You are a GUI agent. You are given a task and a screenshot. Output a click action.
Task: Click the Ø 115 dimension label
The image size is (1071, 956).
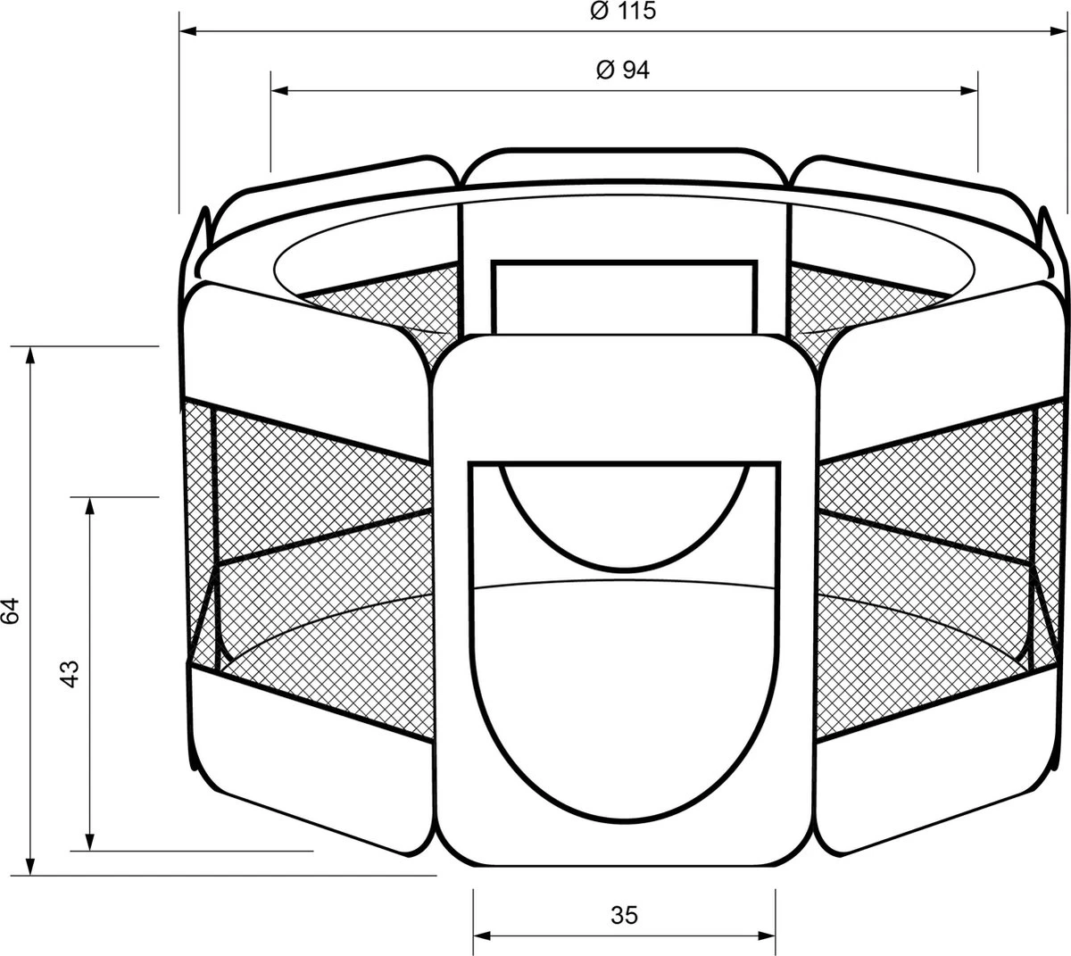tap(623, 11)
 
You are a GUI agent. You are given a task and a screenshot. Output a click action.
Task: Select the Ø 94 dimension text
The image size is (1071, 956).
tap(623, 70)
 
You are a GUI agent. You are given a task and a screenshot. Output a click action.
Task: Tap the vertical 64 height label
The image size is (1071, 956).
tap(11, 611)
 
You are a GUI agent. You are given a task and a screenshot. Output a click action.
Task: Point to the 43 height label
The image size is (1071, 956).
tap(71, 674)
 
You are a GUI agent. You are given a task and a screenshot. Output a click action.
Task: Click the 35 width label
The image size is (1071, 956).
tap(625, 915)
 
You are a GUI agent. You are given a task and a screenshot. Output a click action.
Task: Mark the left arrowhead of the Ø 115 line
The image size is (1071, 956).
tap(188, 31)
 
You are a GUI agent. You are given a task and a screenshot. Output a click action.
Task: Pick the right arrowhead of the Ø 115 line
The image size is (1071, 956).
tap(1059, 31)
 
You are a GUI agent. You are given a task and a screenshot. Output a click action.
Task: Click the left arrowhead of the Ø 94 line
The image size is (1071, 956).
tap(279, 91)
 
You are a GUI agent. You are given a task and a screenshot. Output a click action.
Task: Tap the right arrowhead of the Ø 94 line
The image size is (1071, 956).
tap(968, 91)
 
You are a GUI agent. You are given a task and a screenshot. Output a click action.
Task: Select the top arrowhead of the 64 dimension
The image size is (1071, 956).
tap(30, 355)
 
